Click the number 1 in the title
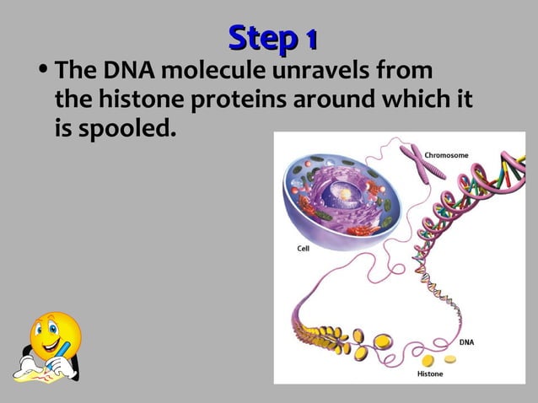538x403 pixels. pos(310,38)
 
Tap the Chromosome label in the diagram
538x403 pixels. pos(446,155)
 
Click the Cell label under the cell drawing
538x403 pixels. pos(302,249)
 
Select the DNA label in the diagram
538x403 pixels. pos(465,342)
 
